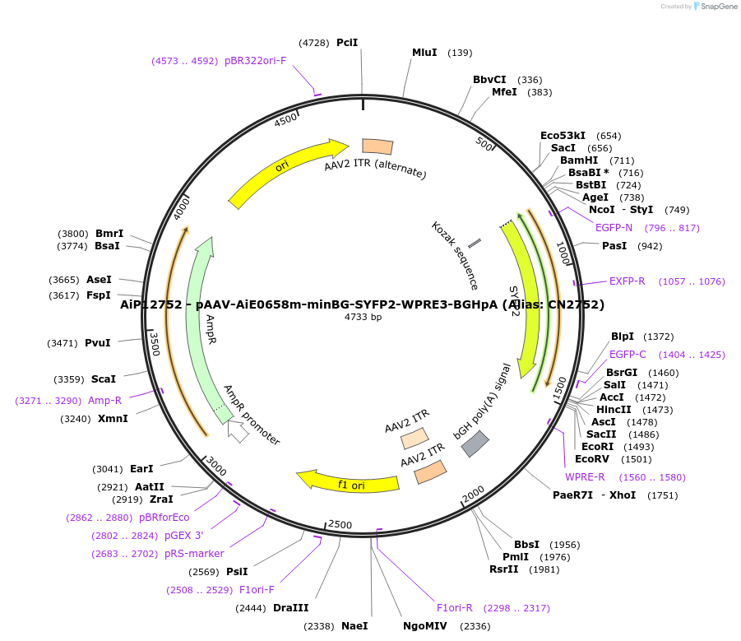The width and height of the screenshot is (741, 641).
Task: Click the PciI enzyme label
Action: point(347,43)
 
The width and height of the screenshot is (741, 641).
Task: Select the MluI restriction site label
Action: point(424,53)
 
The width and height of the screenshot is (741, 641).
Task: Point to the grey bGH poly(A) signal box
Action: point(475,444)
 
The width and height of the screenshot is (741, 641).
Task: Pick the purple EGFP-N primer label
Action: point(614,228)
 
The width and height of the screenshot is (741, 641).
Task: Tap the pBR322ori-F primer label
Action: point(255,61)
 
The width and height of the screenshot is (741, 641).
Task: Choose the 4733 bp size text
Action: point(363,318)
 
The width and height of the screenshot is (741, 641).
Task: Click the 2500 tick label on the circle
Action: point(340,525)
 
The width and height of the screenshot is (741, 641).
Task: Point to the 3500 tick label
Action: point(154,343)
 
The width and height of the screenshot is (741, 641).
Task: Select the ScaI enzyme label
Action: point(104,379)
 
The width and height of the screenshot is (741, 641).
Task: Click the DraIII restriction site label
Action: point(291,608)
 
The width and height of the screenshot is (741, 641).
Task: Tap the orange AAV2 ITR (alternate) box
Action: point(377,146)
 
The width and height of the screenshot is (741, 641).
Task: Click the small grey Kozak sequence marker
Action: point(475,244)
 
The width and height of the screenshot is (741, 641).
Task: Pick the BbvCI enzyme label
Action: point(489,80)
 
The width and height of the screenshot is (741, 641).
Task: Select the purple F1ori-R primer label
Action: point(455,608)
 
